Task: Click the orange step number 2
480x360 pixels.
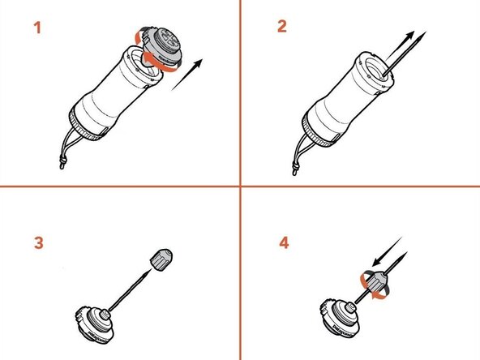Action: [x=282, y=26]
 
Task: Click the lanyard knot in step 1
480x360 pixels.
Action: [x=61, y=167]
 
